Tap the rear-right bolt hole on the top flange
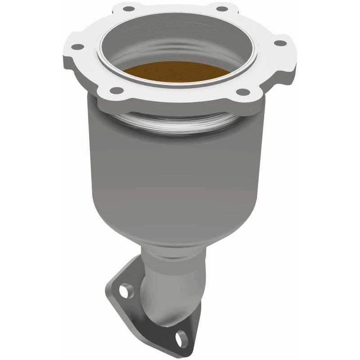tap(220, 8)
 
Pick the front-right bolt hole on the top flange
tap(243, 92)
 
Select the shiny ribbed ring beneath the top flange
tap(180, 125)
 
